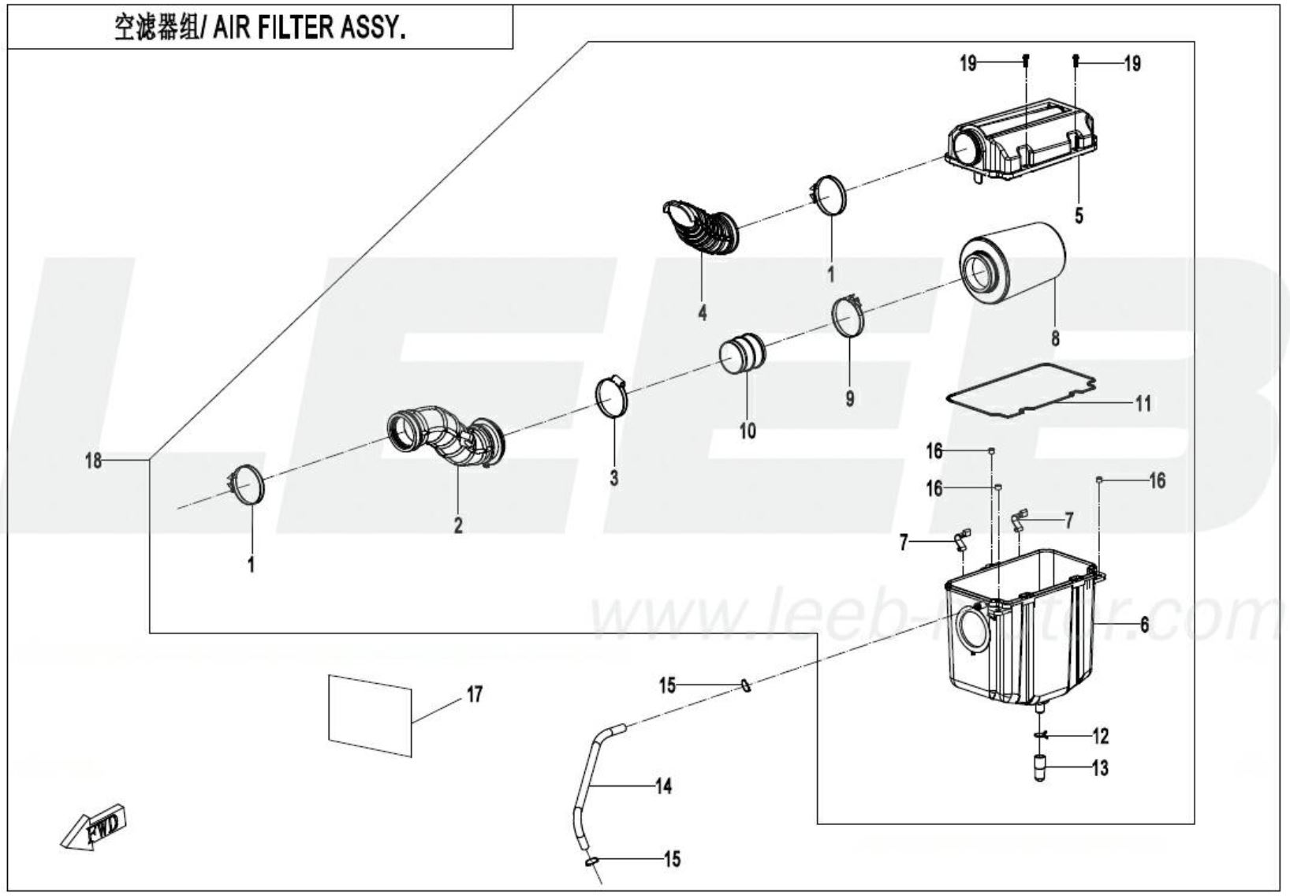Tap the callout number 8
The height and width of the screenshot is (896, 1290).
click(x=1055, y=339)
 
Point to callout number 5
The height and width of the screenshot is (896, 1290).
click(x=1079, y=215)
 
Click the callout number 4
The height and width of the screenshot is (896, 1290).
click(x=702, y=313)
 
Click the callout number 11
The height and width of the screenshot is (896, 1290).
click(x=1143, y=404)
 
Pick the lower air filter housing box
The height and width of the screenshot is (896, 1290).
click(x=1023, y=637)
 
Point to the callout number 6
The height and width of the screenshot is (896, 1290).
click(x=1144, y=625)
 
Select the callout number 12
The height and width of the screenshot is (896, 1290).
click(x=1100, y=737)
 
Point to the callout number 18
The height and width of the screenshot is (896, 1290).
click(x=93, y=461)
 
